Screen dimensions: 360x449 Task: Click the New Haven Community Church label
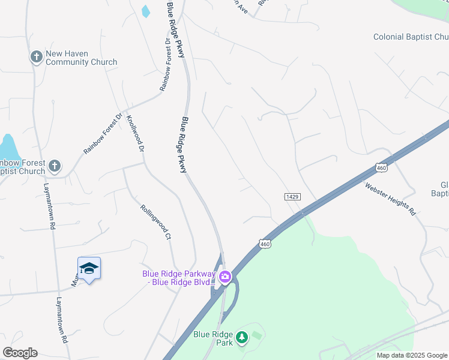(x=81, y=58)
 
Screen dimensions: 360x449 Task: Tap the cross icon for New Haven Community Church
(x=36, y=58)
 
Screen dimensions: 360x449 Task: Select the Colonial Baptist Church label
(x=411, y=37)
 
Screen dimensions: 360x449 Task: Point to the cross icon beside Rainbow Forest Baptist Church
(x=55, y=166)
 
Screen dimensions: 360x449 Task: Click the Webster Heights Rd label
(x=390, y=198)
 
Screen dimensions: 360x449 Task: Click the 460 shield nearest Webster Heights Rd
(x=382, y=167)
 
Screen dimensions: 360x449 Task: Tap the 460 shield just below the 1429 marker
(x=265, y=244)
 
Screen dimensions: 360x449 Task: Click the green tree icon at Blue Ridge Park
(x=242, y=338)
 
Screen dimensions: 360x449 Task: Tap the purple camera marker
(x=225, y=277)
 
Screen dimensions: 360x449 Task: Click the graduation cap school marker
(x=89, y=268)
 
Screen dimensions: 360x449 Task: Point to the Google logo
(x=20, y=353)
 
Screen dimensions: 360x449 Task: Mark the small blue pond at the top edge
(x=145, y=11)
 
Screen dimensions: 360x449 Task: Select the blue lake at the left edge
(x=8, y=147)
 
